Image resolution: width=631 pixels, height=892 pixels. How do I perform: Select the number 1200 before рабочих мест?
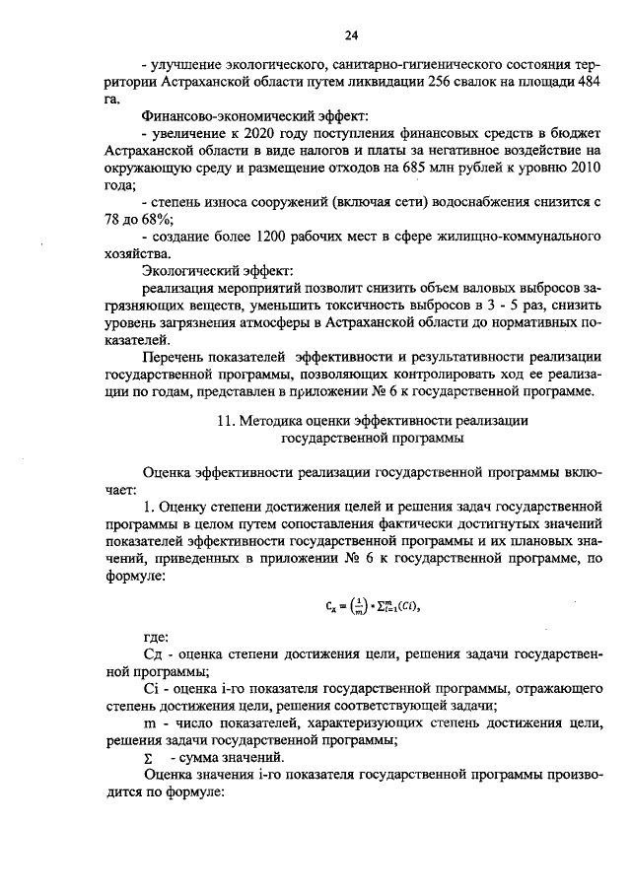pyautogui.click(x=273, y=237)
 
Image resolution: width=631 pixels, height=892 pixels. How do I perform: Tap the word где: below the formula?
pyautogui.click(x=156, y=636)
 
